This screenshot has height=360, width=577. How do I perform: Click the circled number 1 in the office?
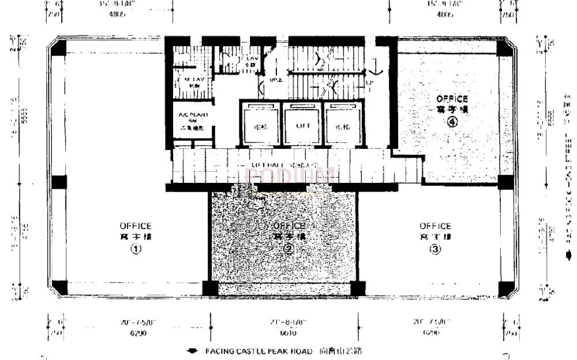[x=136, y=249]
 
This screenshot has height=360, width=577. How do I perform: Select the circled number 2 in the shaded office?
[x=289, y=249]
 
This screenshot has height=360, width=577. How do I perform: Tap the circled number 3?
[x=435, y=249]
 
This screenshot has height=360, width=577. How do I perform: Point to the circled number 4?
[x=452, y=122]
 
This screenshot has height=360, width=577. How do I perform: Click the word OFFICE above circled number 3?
[x=435, y=226]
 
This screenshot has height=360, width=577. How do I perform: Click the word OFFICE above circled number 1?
[x=136, y=226]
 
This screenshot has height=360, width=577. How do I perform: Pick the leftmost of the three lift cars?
[x=258, y=125]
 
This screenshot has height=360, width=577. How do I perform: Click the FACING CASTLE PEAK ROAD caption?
[x=258, y=351]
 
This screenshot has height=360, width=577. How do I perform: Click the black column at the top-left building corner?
[x=59, y=48]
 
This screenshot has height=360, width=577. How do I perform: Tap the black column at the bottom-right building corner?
[x=505, y=288]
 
